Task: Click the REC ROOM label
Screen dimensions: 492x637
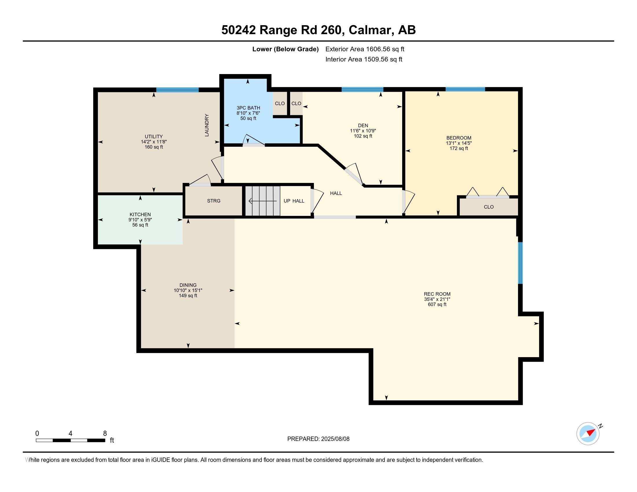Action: pos(437,294)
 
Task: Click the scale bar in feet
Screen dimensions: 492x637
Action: pos(70,440)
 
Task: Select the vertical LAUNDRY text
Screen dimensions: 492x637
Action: pos(207,125)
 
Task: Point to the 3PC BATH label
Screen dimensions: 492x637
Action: pos(248,108)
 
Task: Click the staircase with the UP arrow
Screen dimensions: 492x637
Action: pos(262,201)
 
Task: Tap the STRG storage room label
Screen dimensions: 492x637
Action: pos(213,201)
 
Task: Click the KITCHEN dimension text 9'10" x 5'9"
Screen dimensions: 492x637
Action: pos(140,220)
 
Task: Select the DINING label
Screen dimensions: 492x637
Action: pos(188,285)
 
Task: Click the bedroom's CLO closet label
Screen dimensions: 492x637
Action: pos(488,207)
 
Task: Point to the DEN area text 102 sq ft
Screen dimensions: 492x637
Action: pos(363,136)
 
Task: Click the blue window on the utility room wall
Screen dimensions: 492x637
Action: pos(177,89)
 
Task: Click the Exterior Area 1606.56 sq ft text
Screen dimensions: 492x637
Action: pos(365,49)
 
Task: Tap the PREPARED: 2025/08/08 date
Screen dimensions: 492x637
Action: pos(318,439)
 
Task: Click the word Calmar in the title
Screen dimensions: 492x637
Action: pos(369,30)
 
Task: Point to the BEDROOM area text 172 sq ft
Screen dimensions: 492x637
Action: pos(459,148)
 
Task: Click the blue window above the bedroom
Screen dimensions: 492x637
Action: pos(465,89)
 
